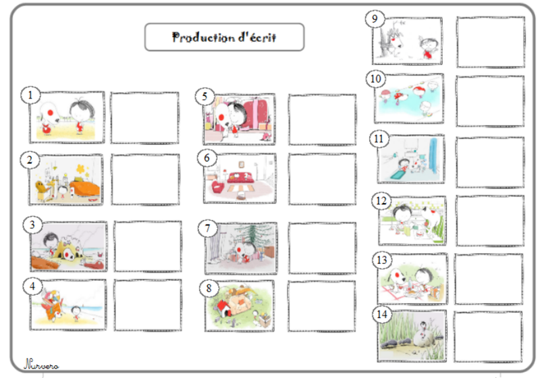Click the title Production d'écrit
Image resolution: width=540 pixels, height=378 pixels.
(224, 37)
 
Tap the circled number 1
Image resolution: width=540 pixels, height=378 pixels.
(30, 95)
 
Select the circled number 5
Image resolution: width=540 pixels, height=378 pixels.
(205, 97)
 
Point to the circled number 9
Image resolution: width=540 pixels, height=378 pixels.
(375, 19)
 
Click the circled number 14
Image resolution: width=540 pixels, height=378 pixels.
(382, 315)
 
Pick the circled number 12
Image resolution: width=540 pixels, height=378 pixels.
(381, 200)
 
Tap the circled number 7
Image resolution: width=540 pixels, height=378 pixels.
(207, 228)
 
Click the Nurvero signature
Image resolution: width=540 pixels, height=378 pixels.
(41, 364)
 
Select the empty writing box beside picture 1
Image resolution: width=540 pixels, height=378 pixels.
(144, 117)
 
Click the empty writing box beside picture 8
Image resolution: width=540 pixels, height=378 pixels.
(322, 306)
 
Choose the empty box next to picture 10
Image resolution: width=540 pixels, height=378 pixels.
(490, 101)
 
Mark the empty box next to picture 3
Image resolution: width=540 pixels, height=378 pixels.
(148, 246)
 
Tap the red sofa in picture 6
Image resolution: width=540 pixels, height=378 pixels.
(241, 178)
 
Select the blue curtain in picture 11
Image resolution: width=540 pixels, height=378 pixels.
(433, 156)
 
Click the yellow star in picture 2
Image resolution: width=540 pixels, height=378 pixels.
(81, 169)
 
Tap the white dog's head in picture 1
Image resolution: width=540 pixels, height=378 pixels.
(49, 112)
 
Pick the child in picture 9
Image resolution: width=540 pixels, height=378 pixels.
(428, 47)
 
